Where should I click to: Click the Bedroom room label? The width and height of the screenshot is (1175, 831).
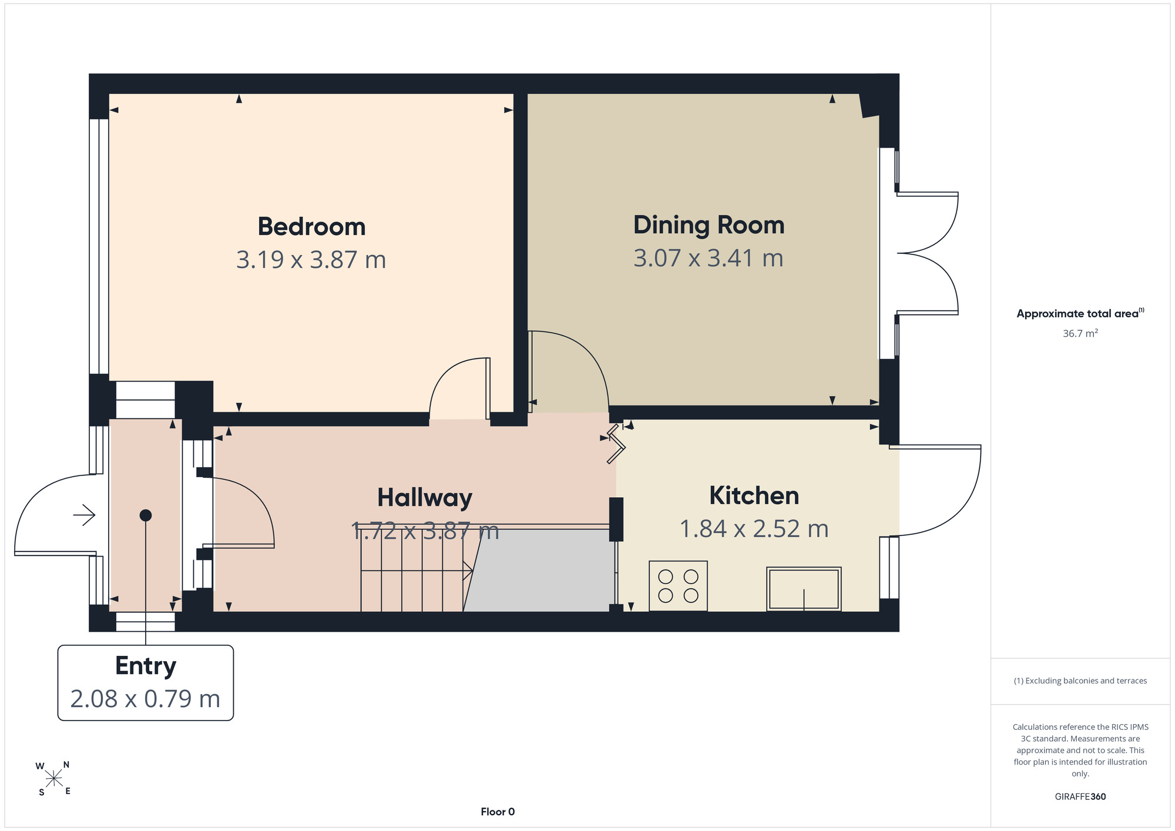click(x=311, y=227)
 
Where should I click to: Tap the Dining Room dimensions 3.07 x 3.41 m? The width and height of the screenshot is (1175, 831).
click(x=709, y=258)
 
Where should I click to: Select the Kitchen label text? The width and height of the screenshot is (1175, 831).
click(x=754, y=495)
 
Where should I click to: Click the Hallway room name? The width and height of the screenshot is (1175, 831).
click(x=425, y=498)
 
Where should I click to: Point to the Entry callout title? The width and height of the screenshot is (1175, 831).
click(x=146, y=666)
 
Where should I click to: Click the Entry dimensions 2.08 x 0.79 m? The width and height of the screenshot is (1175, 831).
click(x=145, y=699)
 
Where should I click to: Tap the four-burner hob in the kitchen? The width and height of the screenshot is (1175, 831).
click(x=678, y=586)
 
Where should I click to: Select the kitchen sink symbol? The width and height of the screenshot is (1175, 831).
click(x=804, y=589)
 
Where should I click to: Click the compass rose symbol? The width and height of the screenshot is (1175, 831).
click(x=53, y=779)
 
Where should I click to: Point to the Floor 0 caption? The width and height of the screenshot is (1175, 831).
click(x=498, y=812)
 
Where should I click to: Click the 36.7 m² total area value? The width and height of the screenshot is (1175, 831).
click(x=1080, y=333)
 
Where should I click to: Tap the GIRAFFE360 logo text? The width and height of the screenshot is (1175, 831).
click(x=1080, y=797)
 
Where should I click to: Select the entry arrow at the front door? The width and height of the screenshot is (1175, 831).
click(x=84, y=515)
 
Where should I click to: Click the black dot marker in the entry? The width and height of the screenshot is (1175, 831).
click(x=146, y=515)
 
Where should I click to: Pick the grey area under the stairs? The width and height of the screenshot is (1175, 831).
click(x=539, y=571)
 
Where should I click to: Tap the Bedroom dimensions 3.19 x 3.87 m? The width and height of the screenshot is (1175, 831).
click(x=311, y=260)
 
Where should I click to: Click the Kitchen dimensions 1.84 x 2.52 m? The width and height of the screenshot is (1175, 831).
click(x=754, y=529)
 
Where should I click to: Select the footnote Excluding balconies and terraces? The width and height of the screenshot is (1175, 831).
click(x=1080, y=681)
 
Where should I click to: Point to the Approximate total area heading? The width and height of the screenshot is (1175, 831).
click(x=1080, y=313)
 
